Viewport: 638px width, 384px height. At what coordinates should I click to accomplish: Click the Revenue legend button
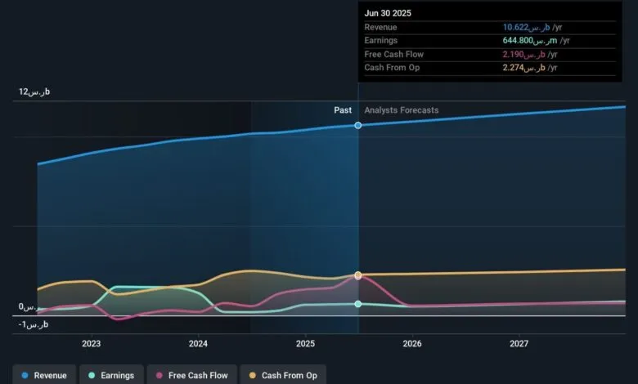coord(45,375)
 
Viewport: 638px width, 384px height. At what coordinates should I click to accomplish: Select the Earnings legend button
coord(111,375)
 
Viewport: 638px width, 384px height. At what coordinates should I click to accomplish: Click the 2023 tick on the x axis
coord(91,344)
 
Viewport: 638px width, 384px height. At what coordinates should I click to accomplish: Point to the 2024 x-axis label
coord(198,344)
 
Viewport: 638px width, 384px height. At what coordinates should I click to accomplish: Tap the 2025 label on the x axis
coord(305,344)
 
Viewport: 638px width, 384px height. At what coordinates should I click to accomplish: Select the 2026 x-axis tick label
coord(412,344)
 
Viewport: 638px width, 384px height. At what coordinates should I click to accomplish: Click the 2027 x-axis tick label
coord(519,344)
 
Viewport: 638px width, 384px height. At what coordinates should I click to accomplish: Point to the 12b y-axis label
coord(34,92)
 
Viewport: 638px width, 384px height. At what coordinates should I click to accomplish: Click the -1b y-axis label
coord(34,325)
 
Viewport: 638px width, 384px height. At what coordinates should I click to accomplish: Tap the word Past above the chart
coord(343,110)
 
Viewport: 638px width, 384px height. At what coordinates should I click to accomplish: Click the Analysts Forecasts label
coord(402,110)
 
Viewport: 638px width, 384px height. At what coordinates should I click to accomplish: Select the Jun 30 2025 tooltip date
coord(389,13)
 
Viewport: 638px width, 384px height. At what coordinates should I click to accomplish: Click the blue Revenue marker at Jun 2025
coord(358,125)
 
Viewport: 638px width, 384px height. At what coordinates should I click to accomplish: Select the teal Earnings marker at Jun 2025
coord(358,304)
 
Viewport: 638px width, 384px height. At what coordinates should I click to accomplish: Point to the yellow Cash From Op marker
coord(358,275)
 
